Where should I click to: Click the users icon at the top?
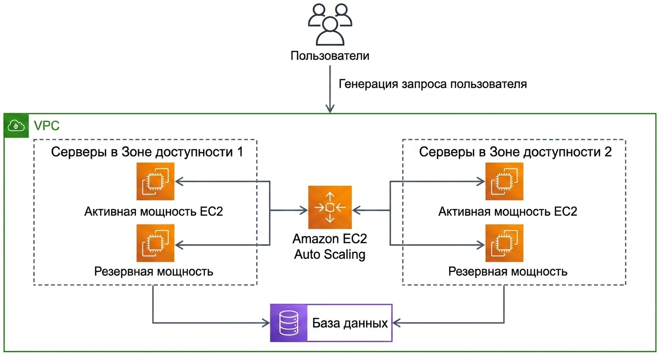330,24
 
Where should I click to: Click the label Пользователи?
330,56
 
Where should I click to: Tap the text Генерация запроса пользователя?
433,84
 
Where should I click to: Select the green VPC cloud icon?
16,126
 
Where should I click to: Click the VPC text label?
46,126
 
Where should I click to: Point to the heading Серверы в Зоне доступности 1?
147,152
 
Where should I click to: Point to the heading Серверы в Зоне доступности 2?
515,152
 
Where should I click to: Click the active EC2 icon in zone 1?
156,181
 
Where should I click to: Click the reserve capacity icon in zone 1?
156,243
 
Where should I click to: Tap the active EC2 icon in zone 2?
504,181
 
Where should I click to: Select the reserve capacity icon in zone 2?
504,243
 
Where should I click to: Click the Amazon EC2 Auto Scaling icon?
330,207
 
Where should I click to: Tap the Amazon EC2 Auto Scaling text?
330,247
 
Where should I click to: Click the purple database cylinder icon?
289,323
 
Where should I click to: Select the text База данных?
350,323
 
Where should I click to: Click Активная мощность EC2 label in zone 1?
153,211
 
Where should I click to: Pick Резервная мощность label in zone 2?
508,271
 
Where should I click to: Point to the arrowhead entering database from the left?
266,323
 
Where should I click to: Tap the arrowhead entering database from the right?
397,323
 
